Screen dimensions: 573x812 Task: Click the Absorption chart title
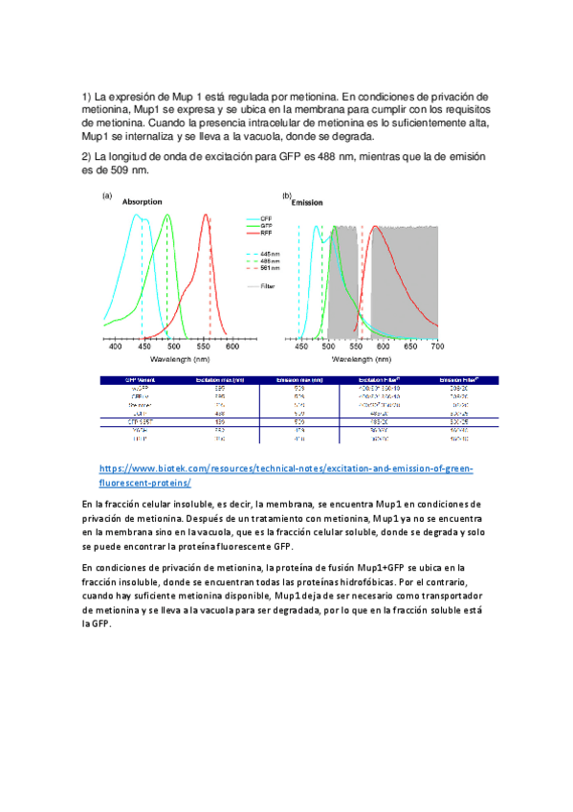pyautogui.click(x=140, y=202)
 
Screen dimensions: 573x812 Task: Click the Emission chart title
pyautogui.click(x=307, y=203)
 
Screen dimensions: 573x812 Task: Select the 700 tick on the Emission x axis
pyautogui.click(x=437, y=348)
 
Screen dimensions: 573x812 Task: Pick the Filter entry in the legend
pyautogui.click(x=268, y=285)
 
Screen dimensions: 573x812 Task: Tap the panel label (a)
pyautogui.click(x=108, y=196)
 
